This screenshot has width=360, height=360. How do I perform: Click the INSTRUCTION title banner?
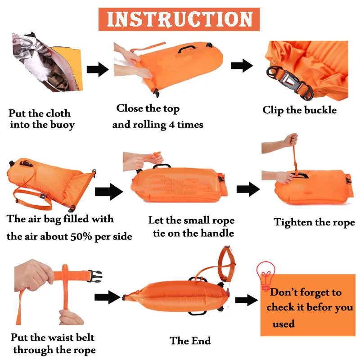pos(179,19)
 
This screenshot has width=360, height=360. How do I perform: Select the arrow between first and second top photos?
pos(98,69)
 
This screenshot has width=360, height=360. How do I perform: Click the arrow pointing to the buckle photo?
pos(242,66)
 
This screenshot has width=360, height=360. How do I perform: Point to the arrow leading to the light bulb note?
pos(246,300)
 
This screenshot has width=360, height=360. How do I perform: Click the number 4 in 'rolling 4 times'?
pos(171,125)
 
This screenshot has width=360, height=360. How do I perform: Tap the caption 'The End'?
pos(190,341)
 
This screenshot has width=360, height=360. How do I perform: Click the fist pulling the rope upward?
pos(291,139)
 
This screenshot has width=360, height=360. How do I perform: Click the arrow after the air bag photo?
pos(108,192)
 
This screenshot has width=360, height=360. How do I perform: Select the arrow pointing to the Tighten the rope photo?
pos(248,189)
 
